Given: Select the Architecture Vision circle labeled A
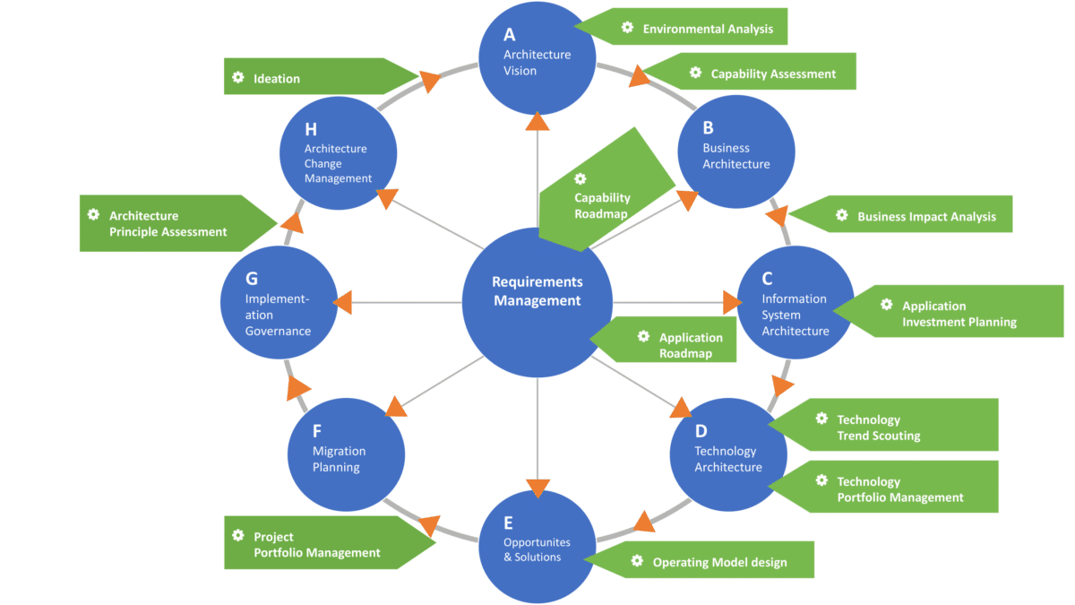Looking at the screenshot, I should pyautogui.click(x=537, y=56).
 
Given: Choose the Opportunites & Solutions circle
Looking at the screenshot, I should pyautogui.click(x=537, y=546).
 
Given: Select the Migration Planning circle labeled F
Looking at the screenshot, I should pyautogui.click(x=345, y=457).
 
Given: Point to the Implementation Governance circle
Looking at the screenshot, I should pyautogui.click(x=279, y=305).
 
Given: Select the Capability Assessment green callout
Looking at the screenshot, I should pyautogui.click(x=761, y=73).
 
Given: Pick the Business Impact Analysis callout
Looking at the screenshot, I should pyautogui.click(x=914, y=216).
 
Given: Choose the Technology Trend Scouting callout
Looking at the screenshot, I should pyautogui.click(x=896, y=427).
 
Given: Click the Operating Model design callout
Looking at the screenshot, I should pyautogui.click(x=708, y=562).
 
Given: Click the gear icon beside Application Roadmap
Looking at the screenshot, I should pyautogui.click(x=643, y=337).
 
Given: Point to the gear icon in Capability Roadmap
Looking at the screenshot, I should pyautogui.click(x=580, y=179).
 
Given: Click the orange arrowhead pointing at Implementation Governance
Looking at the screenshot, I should pyautogui.click(x=342, y=303).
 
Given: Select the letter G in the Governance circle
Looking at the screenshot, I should pyautogui.click(x=252, y=279).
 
